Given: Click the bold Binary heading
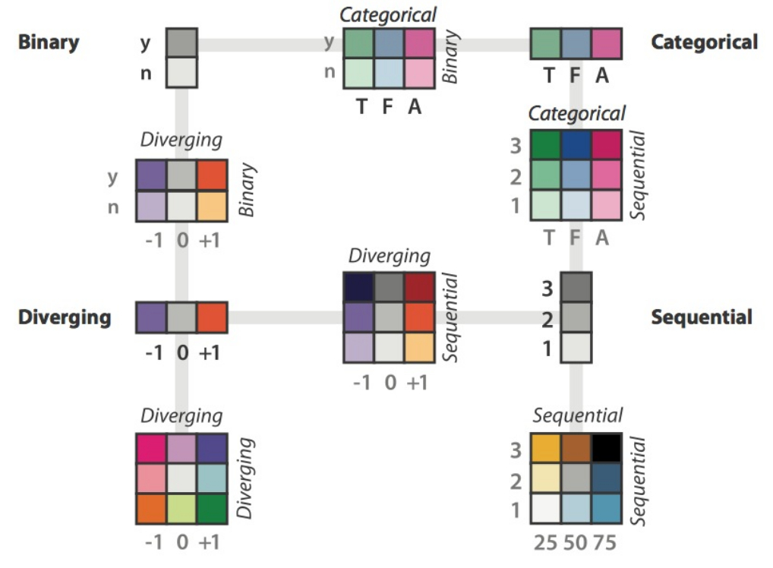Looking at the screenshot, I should pos(49,42).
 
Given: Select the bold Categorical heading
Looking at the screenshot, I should pos(704,43).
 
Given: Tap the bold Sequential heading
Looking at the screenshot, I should pos(701,317).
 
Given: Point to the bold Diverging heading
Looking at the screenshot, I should pos(65,317).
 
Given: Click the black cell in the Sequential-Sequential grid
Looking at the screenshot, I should pos(607,448).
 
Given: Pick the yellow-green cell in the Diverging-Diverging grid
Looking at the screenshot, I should pos(181,508).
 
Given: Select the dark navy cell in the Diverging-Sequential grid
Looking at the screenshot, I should pos(358,286).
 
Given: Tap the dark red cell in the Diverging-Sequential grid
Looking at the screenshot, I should pos(419,286).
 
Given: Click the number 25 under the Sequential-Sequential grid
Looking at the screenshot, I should pos(545,543).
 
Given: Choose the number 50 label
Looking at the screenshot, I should pos(576,543).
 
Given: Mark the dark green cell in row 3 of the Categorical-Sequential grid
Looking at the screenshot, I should pos(545,145).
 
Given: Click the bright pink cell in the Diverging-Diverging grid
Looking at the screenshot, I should pos(151,448).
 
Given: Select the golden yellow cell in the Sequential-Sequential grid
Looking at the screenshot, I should pos(545,448).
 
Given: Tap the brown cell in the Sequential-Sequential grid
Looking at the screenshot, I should pos(576,448).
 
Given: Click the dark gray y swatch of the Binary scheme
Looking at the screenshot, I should pos(182,42).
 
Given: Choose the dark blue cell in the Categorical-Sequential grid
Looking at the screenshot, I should pos(576,145).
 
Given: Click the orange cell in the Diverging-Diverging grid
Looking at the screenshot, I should pos(151,508).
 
